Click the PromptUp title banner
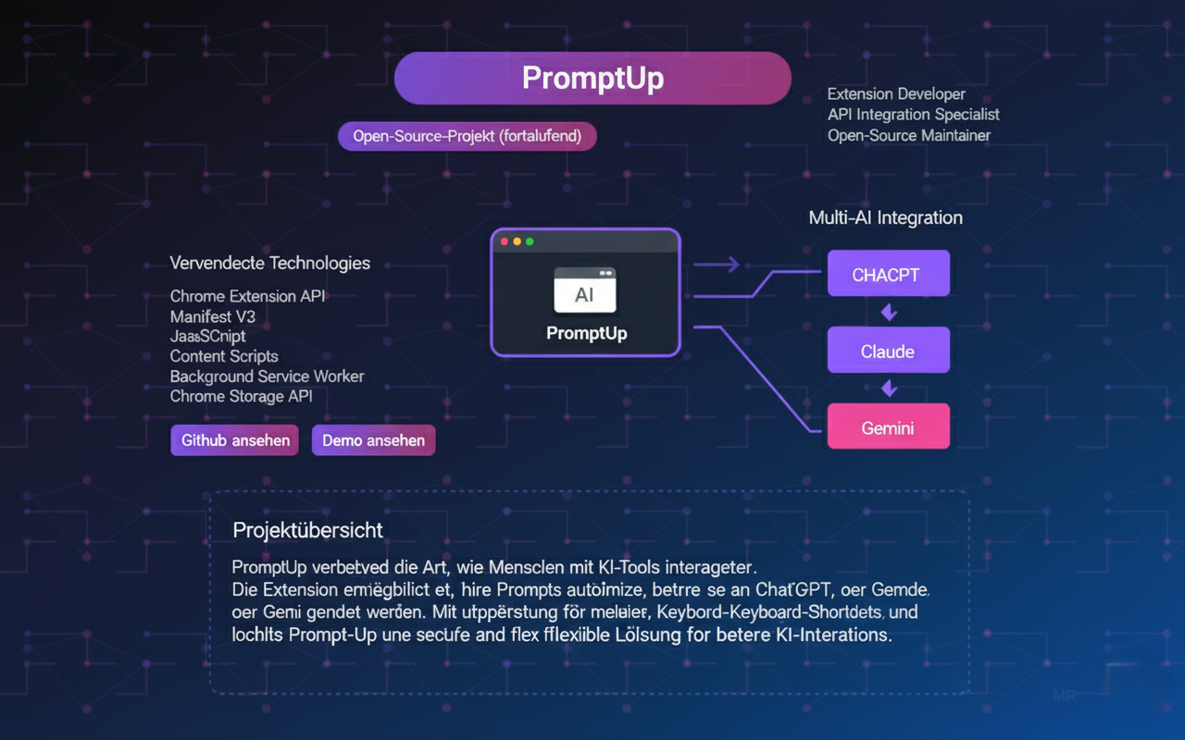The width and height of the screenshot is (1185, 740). pyautogui.click(x=592, y=79)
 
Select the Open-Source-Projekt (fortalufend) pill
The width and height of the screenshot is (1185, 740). pyautogui.click(x=468, y=137)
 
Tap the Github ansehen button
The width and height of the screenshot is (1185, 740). pyautogui.click(x=235, y=440)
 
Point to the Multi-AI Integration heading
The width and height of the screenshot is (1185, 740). pyautogui.click(x=886, y=218)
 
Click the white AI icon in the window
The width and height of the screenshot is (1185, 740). pyautogui.click(x=585, y=291)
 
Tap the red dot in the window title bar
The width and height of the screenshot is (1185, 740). pyautogui.click(x=505, y=241)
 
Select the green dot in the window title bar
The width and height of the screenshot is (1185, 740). pyautogui.click(x=530, y=241)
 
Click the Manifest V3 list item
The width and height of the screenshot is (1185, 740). pyautogui.click(x=213, y=316)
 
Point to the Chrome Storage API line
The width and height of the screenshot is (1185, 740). pyautogui.click(x=242, y=396)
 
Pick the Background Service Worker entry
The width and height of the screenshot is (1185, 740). pyautogui.click(x=267, y=376)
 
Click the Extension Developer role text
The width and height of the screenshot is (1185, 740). pyautogui.click(x=896, y=94)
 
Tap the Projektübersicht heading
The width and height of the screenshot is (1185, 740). pyautogui.click(x=308, y=530)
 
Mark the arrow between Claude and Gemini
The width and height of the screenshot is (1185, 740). pyautogui.click(x=889, y=388)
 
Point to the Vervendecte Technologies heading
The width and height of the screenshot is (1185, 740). pyautogui.click(x=270, y=264)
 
